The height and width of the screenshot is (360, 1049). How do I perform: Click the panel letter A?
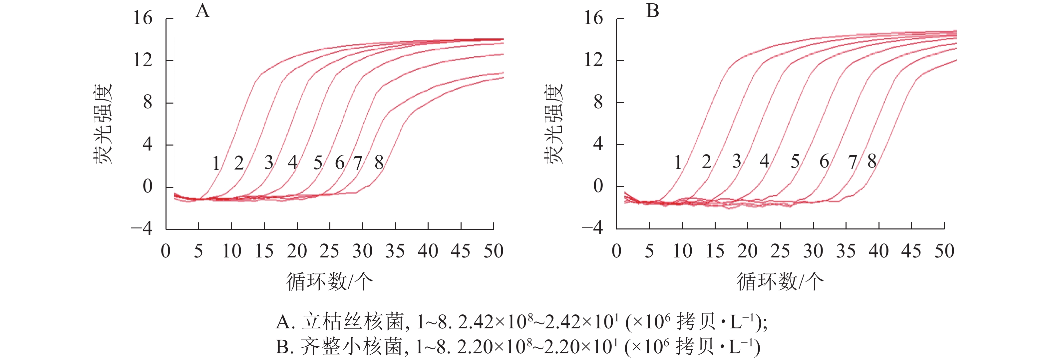point(202,11)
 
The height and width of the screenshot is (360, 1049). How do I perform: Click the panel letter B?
point(652,11)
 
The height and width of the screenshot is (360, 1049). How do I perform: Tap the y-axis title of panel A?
point(103,124)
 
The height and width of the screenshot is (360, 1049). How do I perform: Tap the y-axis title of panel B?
point(554,124)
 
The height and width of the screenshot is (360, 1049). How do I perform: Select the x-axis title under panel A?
point(329,281)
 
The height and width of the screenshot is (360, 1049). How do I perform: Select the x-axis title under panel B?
point(780,281)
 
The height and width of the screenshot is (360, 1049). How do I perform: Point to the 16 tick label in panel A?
point(143,18)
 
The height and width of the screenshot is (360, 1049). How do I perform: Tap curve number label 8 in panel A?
point(379,163)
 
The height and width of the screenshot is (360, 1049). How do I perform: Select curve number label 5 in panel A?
point(318,163)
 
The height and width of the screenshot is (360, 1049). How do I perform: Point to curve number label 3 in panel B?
point(736,162)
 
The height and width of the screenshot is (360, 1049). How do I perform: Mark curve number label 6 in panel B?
point(824,162)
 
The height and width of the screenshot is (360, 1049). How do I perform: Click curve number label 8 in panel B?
point(872,162)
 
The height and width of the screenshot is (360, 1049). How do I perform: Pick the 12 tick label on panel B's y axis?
point(593,60)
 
